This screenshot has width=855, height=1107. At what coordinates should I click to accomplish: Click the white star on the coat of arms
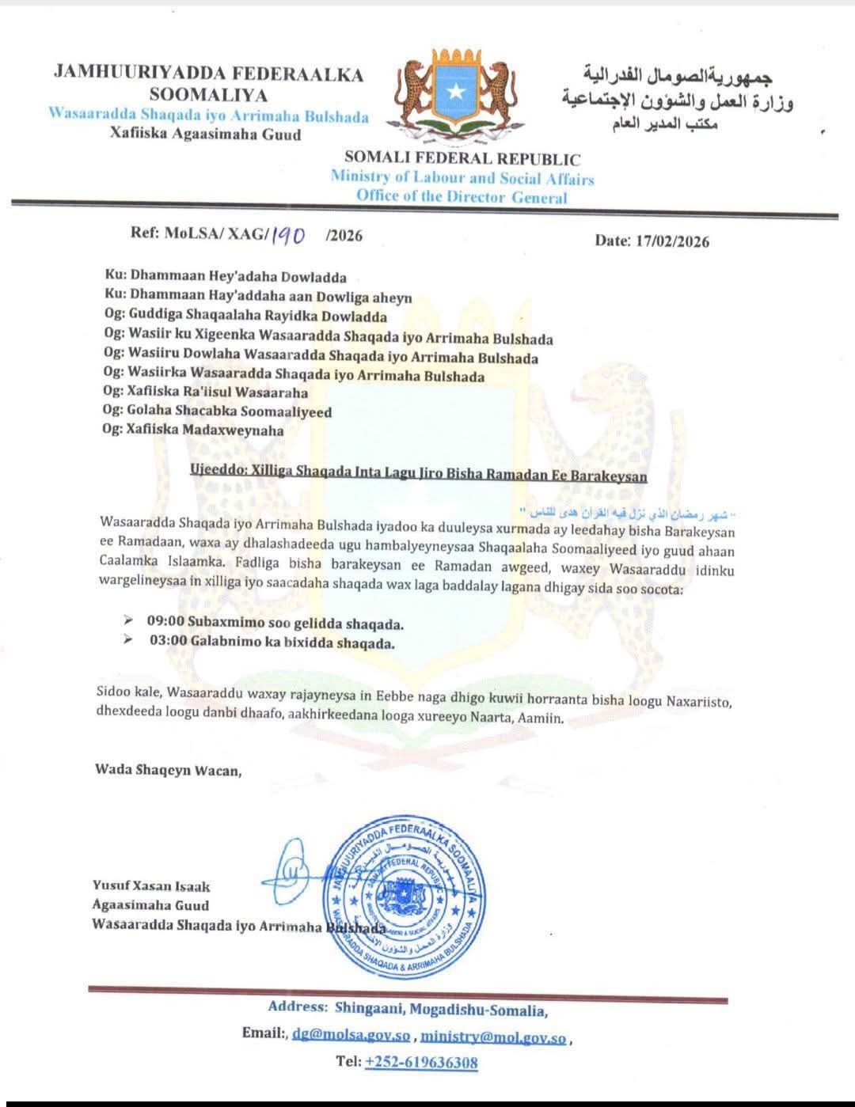[x=454, y=92]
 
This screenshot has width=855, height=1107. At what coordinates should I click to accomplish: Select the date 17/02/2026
[x=672, y=241]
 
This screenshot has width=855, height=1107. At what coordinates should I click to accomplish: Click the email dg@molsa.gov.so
[x=351, y=1034]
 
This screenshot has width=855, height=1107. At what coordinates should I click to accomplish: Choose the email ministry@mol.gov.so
[x=492, y=1036]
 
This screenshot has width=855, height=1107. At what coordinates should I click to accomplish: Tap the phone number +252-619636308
[x=420, y=1062]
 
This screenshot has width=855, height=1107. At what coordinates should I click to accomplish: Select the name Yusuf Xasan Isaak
[x=151, y=886]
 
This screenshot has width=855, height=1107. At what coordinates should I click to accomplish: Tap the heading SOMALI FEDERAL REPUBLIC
[x=462, y=159]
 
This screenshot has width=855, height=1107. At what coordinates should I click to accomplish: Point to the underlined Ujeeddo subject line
[x=418, y=476]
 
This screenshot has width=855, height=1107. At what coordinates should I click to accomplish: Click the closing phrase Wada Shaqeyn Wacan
[x=168, y=769]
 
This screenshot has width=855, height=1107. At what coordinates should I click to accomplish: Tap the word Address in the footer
[x=297, y=1007]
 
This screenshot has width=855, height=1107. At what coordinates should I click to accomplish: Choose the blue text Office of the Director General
[x=461, y=196]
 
